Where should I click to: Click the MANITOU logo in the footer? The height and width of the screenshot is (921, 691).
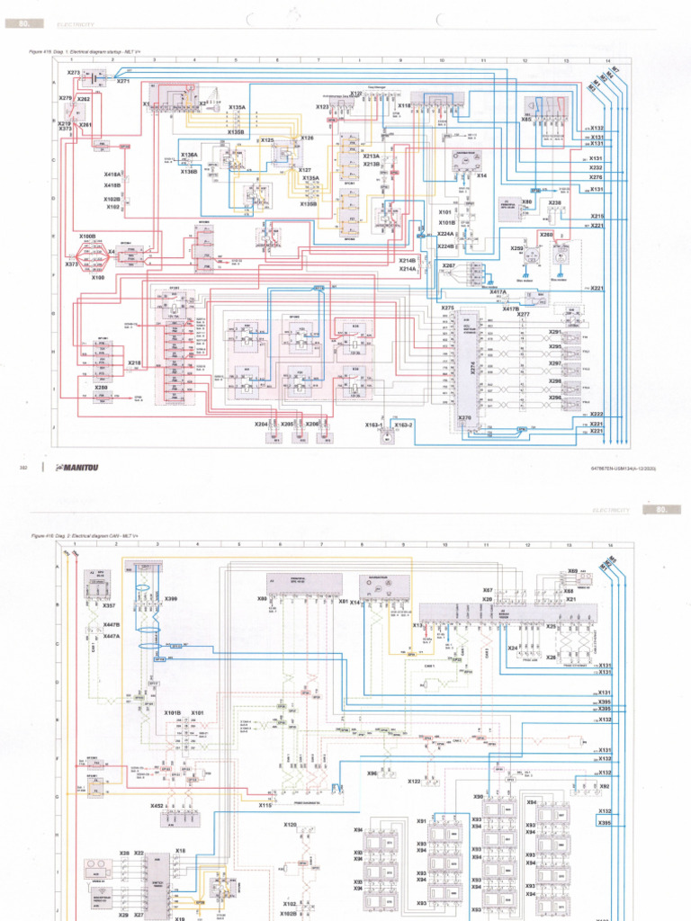click(76, 468)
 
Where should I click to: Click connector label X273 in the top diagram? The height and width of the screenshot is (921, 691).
click(74, 72)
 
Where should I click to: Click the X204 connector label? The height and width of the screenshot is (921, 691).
click(261, 424)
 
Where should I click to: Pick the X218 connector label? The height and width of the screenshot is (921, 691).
click(134, 362)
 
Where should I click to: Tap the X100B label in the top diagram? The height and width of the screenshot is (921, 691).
click(87, 236)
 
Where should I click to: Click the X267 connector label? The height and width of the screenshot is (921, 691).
click(448, 266)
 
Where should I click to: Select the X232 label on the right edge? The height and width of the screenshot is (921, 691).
click(596, 167)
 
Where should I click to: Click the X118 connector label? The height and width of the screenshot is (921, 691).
click(405, 105)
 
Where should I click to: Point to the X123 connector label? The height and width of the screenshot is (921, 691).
click(322, 107)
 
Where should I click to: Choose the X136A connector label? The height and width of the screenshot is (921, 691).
click(189, 155)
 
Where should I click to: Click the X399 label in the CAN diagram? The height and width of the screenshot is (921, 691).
click(171, 598)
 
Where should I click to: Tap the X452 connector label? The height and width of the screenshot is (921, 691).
click(157, 806)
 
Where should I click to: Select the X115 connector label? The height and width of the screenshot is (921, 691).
click(265, 805)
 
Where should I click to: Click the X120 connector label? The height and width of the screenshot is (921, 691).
click(290, 824)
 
